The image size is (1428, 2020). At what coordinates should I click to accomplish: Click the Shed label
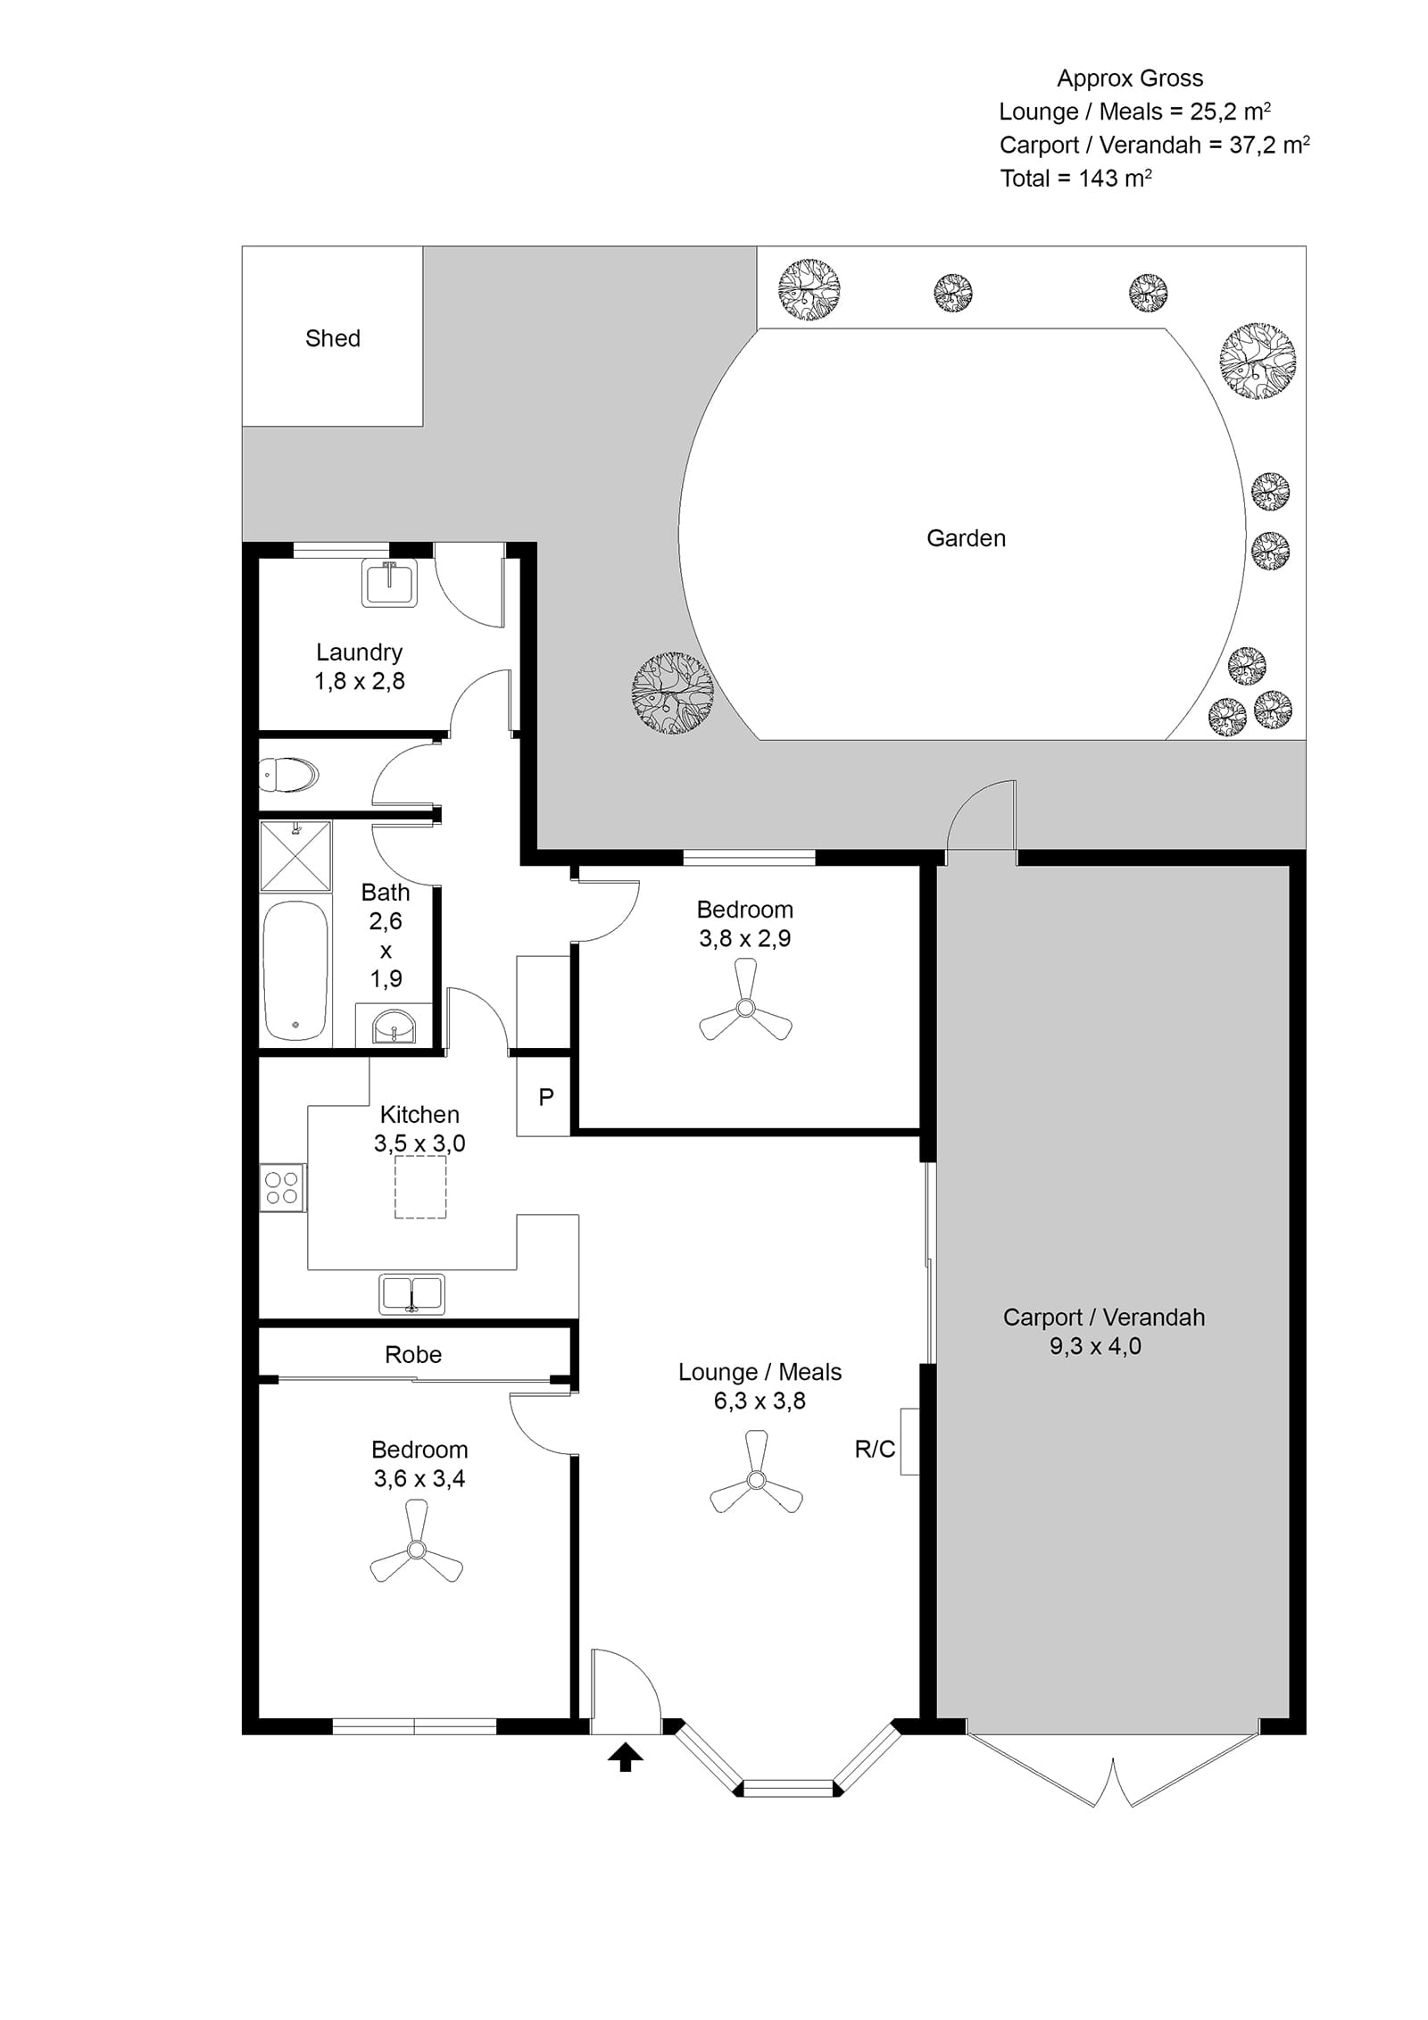pyautogui.click(x=332, y=338)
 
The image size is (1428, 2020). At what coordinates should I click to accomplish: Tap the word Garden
pyautogui.click(x=966, y=538)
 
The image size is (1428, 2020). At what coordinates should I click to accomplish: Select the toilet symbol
pyautogui.click(x=288, y=775)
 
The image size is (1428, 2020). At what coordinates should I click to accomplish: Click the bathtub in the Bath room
pyautogui.click(x=296, y=970)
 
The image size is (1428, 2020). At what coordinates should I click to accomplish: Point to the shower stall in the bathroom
pyautogui.click(x=295, y=856)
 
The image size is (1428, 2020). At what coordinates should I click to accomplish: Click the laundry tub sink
pyautogui.click(x=389, y=584)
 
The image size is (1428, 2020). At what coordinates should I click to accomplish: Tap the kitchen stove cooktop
pyautogui.click(x=282, y=1188)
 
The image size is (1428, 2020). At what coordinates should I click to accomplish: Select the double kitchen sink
pyautogui.click(x=411, y=1295)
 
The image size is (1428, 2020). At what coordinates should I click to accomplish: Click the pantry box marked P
pyautogui.click(x=544, y=1096)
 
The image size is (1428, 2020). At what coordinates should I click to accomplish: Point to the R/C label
pyautogui.click(x=874, y=1449)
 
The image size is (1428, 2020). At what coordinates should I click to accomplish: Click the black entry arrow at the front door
pyautogui.click(x=625, y=1758)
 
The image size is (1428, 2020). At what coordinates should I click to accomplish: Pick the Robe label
pyautogui.click(x=413, y=1354)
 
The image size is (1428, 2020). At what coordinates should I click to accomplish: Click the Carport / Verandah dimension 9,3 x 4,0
pyautogui.click(x=1095, y=1346)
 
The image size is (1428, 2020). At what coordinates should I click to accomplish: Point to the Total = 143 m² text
pyautogui.click(x=1075, y=178)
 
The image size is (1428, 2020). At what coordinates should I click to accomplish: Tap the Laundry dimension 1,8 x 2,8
pyautogui.click(x=359, y=681)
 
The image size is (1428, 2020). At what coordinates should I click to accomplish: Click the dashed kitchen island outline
pyautogui.click(x=420, y=1187)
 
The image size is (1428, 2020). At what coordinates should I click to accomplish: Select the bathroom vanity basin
pyautogui.click(x=394, y=1026)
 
